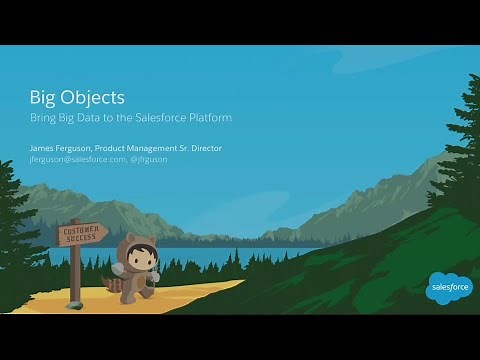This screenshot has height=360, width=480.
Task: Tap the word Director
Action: pyautogui.click(x=205, y=148)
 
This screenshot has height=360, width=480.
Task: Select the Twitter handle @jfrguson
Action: pyautogui.click(x=148, y=159)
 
